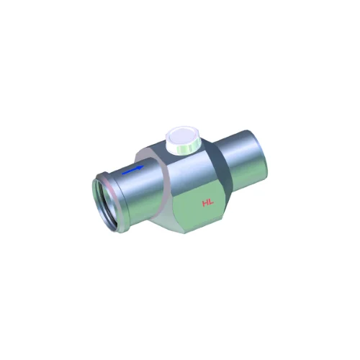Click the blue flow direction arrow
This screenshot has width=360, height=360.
pyautogui.click(x=132, y=169)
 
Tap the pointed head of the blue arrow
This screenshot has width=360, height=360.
pyautogui.click(x=143, y=166)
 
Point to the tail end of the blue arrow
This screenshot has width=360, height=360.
pyautogui.click(x=122, y=173)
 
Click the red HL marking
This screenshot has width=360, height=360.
pyautogui.click(x=208, y=204)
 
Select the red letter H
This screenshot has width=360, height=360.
pyautogui.click(x=205, y=204)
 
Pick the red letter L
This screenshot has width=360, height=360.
pyautogui.click(x=211, y=203)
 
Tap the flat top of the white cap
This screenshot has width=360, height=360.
pyautogui.click(x=182, y=136)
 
